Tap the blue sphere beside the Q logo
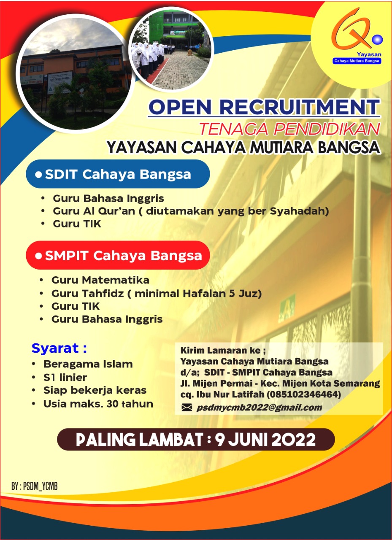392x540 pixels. (x=377, y=40)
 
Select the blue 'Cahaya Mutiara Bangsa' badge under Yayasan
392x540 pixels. (x=357, y=61)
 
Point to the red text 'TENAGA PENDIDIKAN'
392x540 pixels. (x=290, y=129)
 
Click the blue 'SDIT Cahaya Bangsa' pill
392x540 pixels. (x=118, y=174)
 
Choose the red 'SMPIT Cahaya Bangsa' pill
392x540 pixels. (x=118, y=255)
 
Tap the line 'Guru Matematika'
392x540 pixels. (x=100, y=280)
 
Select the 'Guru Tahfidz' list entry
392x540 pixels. (x=157, y=294)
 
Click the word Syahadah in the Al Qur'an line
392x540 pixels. (x=299, y=211)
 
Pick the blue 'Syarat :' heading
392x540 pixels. (x=59, y=348)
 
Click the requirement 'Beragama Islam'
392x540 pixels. (x=88, y=364)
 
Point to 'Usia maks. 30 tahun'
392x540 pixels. (x=98, y=404)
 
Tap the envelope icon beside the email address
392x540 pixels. (x=187, y=408)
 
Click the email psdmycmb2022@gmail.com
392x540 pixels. (x=259, y=408)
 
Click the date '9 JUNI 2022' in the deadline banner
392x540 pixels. (x=265, y=440)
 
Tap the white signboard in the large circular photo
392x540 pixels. (x=60, y=82)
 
